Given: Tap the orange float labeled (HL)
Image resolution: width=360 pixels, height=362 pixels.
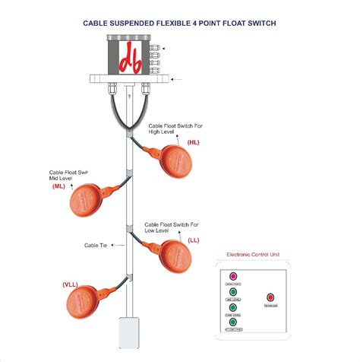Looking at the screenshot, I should coord(180,161).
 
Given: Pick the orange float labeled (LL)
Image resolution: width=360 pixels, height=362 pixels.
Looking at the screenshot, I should coord(179,256).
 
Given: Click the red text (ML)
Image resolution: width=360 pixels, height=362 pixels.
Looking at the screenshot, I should coord(58,186).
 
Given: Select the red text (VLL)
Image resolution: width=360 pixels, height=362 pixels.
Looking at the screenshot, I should coord(70,284).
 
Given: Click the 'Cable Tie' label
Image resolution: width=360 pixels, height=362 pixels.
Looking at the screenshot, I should coord(96,246).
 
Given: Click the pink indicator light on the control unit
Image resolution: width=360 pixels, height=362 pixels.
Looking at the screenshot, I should coord(233,276).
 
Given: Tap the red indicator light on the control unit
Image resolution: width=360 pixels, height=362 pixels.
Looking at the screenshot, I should coord(270,297).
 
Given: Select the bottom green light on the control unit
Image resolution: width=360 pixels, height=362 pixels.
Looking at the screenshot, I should coord(233,322).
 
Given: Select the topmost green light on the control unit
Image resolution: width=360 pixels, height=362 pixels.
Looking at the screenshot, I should coord(233,291).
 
